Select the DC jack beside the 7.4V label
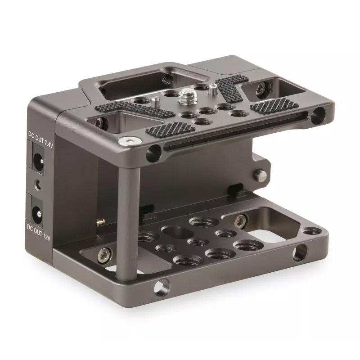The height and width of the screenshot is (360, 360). click(x=39, y=160)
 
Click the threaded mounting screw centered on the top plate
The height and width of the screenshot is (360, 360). click(x=185, y=95)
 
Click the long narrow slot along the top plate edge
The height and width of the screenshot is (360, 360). click(x=234, y=133)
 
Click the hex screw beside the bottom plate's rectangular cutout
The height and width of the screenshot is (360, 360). click(x=241, y=220)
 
